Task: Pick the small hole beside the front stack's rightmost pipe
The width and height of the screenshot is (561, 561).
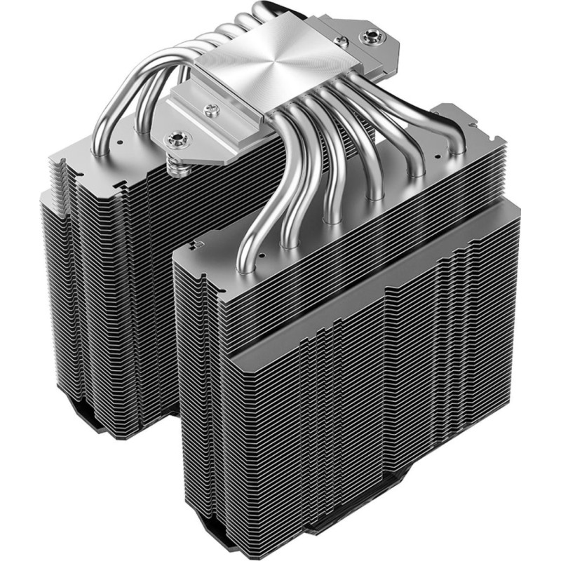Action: coord(436,151)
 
